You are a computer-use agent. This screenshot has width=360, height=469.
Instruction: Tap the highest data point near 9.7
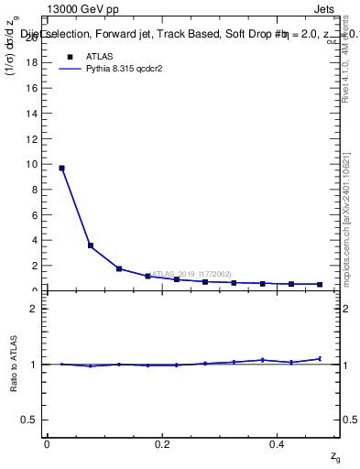(61, 168)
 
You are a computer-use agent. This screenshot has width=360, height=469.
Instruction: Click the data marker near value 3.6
(91, 245)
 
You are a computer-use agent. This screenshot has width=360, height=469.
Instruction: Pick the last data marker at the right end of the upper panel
(320, 285)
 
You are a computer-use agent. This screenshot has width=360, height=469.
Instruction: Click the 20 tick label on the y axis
(36, 37)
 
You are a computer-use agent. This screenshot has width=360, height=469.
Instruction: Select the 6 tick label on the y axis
(38, 215)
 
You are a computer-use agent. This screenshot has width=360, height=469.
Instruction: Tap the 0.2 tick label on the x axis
(162, 444)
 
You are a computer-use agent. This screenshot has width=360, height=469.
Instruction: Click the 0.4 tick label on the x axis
(277, 444)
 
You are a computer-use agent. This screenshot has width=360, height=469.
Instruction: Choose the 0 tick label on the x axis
(47, 444)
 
